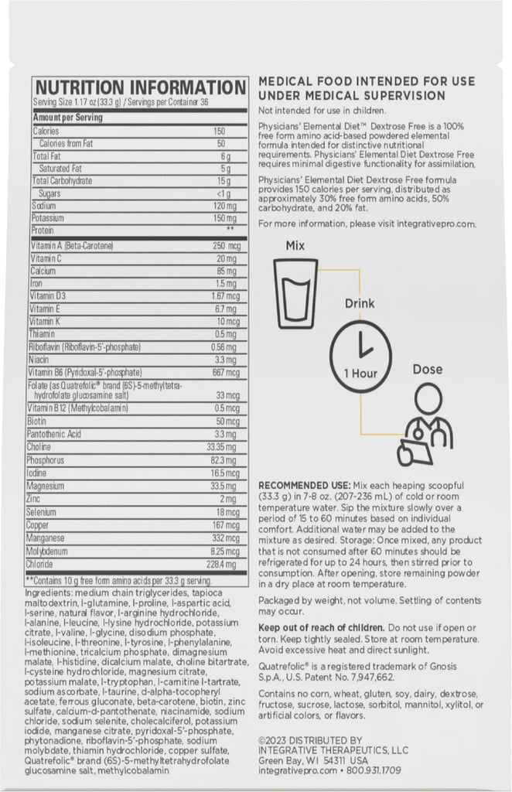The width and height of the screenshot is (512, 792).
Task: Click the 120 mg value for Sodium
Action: pyautogui.click(x=224, y=207)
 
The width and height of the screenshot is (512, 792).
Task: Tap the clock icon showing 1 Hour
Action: pyautogui.click(x=360, y=354)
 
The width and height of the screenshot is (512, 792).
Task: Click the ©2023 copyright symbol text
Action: pyautogui.click(x=275, y=740)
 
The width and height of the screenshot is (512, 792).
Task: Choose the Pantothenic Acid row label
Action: pyautogui.click(x=56, y=435)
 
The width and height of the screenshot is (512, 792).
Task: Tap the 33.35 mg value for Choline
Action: pyautogui.click(x=221, y=447)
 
